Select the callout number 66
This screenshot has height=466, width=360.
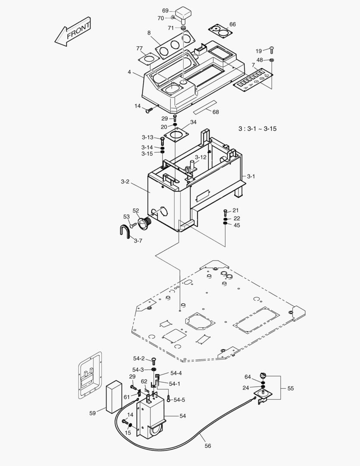pos(232,24)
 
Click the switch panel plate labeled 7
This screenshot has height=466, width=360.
pos(253,79)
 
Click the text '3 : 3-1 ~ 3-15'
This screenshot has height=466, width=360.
pos(257,129)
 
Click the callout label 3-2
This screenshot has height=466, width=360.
pos(125,182)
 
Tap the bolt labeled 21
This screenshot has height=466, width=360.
pos(225,211)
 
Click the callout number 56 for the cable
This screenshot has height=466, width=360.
pos(208,446)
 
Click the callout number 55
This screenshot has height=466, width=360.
pos(291,388)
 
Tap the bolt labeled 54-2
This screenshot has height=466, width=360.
pos(154,361)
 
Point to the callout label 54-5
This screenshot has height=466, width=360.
pos(180,400)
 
